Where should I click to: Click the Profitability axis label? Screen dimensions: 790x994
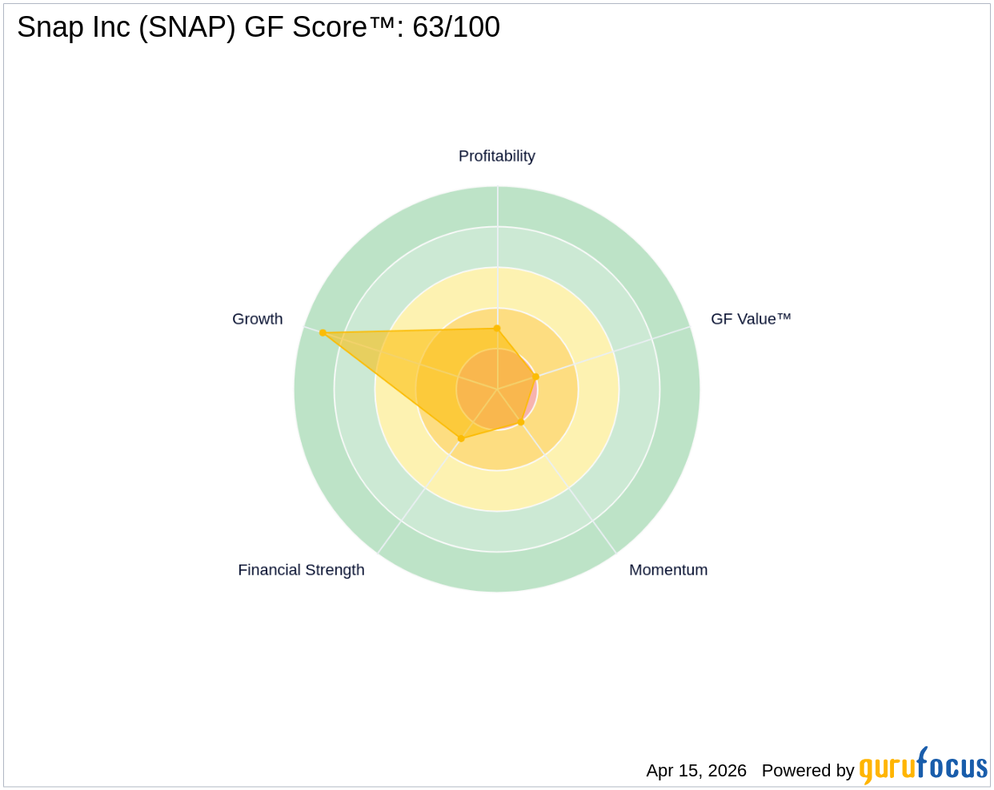point(496,156)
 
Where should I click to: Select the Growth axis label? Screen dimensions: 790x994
point(257,319)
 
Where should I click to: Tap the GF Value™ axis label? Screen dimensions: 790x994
point(751,319)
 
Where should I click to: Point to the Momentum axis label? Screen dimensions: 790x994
point(668,570)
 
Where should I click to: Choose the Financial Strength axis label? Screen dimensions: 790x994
point(301,570)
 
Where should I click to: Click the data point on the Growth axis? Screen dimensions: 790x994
point(323,333)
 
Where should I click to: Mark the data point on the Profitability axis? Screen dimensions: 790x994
point(497,328)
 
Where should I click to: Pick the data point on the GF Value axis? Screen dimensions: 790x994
point(536,377)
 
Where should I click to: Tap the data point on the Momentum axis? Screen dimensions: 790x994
point(521,422)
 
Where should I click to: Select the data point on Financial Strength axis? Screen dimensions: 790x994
point(460,438)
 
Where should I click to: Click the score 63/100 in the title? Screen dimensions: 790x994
point(456,27)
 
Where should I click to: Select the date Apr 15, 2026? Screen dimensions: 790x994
point(696,771)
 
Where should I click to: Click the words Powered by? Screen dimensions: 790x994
point(808,771)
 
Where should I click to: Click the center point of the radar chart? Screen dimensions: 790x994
point(497,389)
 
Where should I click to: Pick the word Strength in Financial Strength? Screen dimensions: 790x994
point(336,570)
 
